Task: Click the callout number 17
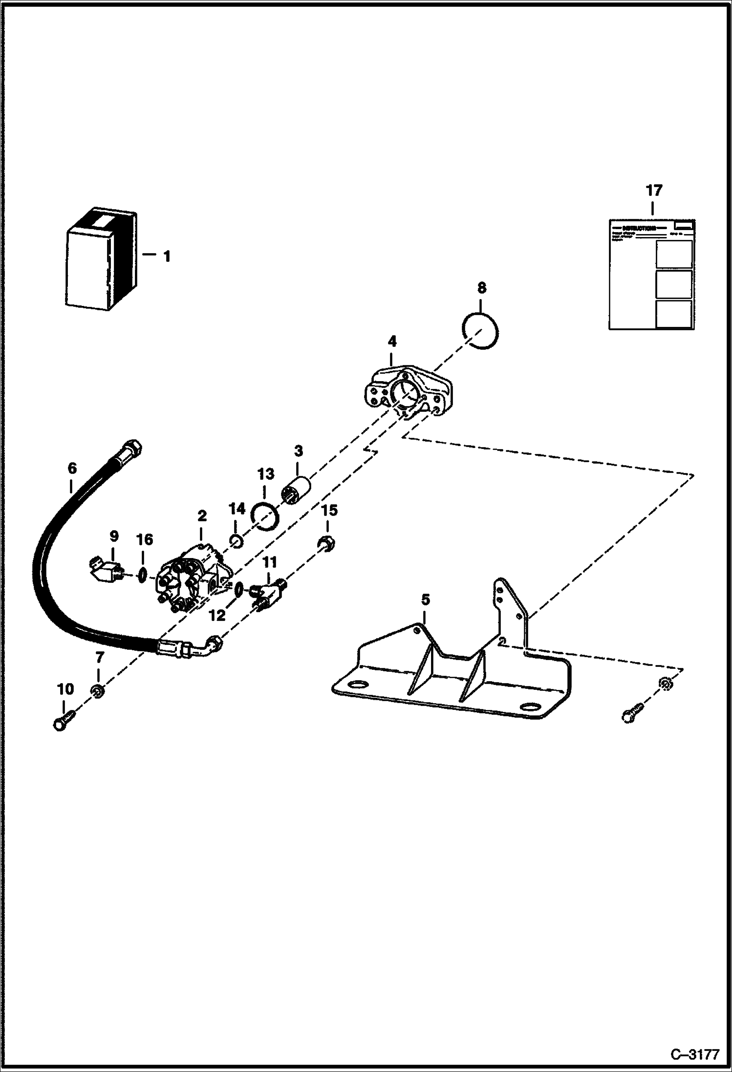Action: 653,190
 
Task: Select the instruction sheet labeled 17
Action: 651,275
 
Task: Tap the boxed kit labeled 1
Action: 100,259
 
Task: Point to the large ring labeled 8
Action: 480,331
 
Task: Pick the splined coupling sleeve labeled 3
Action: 297,491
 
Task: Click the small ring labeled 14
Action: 236,541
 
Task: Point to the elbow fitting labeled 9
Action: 107,569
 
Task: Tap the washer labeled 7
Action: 97,692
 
